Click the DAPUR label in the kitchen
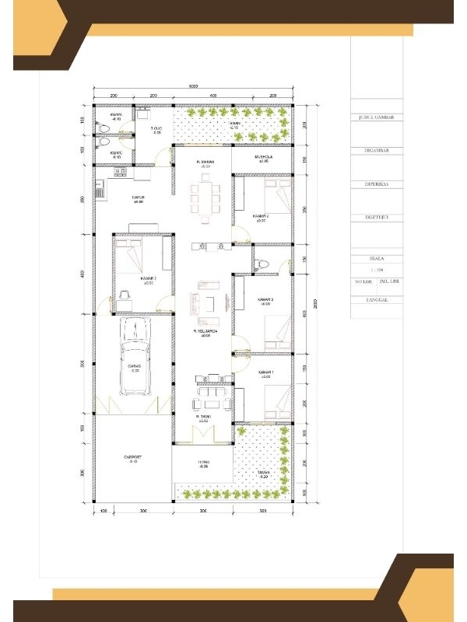pos(139,198)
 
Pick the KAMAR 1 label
pos(266,374)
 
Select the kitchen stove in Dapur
pos(100,189)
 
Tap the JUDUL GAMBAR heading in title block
pos(376,118)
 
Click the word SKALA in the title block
pos(376,257)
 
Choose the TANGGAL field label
pos(376,299)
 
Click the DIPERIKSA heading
pos(376,185)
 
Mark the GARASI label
pos(134,368)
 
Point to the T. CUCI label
pos(156,128)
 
